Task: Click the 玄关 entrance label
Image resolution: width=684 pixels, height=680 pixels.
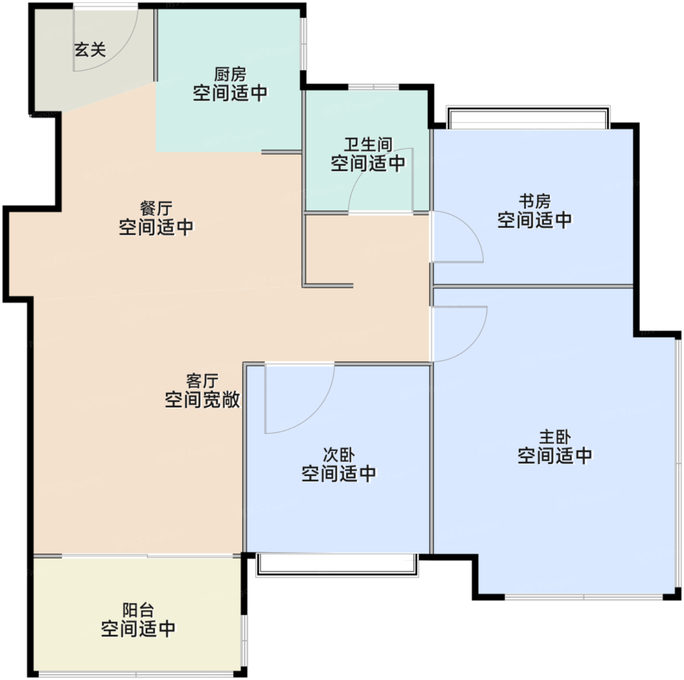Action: (x=90, y=50)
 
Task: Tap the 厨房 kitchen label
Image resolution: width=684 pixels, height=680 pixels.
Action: (x=230, y=75)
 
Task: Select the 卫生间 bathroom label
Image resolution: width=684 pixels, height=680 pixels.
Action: (x=368, y=144)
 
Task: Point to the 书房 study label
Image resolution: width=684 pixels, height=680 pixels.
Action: (x=534, y=202)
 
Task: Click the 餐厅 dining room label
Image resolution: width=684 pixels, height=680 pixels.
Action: (x=156, y=208)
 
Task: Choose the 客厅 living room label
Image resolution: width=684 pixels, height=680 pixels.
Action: (x=202, y=381)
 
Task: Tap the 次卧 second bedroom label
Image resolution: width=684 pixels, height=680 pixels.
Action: (x=339, y=455)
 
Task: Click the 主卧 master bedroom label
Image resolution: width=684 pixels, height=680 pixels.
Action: (x=555, y=437)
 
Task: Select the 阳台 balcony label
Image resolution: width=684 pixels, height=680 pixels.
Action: (x=138, y=610)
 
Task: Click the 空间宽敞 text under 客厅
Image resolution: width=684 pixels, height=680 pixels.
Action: (x=202, y=400)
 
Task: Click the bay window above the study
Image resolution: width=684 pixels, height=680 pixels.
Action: (x=528, y=117)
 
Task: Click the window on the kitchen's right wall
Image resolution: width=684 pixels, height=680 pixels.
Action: (x=304, y=44)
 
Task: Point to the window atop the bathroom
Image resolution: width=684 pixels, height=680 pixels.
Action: (x=373, y=87)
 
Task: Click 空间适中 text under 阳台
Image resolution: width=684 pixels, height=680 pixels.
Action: (x=138, y=629)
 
